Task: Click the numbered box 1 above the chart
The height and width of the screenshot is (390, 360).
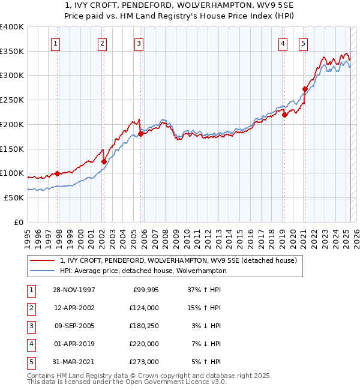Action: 55,43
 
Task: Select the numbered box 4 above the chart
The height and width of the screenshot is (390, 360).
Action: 283,43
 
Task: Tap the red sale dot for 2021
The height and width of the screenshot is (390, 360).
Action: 305,89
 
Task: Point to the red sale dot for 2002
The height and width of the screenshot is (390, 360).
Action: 104,161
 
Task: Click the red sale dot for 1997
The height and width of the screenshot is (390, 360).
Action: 58,173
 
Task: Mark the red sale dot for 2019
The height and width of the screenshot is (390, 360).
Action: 284,115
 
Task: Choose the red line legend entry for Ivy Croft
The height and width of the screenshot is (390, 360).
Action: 178,260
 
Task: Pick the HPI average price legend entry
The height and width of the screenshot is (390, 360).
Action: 143,271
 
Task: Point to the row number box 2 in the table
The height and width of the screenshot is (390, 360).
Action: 30,308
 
